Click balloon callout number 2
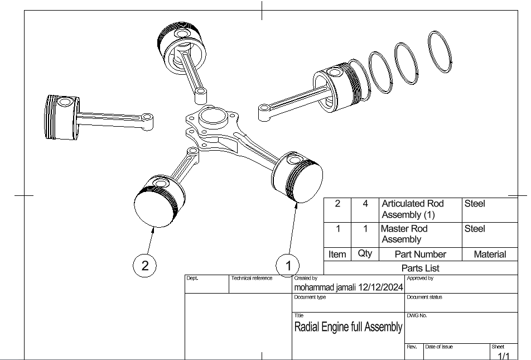(x=145, y=266)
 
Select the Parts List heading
(x=421, y=268)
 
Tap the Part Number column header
(x=420, y=254)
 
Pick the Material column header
(x=490, y=254)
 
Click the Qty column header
(x=365, y=253)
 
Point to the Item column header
(x=337, y=254)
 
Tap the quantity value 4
(x=365, y=204)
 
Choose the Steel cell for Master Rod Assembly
(x=475, y=229)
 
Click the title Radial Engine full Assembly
(x=348, y=327)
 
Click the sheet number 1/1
(x=504, y=356)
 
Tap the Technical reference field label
(x=252, y=278)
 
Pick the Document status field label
(x=424, y=297)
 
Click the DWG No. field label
(x=417, y=316)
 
